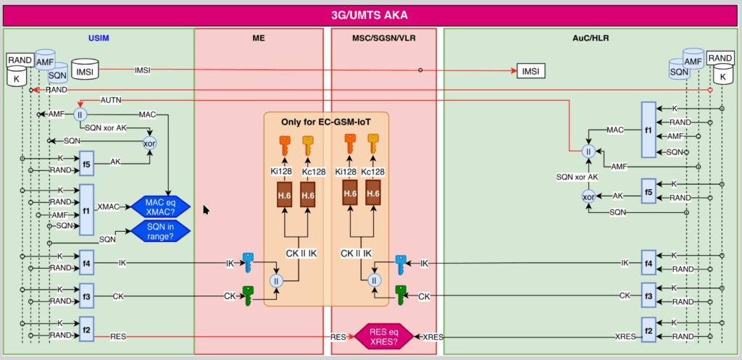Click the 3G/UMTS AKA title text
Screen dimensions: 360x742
[x=370, y=14]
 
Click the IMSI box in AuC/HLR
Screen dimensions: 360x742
[x=530, y=71]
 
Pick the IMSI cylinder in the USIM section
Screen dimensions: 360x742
[x=85, y=71]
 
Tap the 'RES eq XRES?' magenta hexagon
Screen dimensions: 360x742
[x=384, y=337]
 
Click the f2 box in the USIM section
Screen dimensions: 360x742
[x=87, y=329]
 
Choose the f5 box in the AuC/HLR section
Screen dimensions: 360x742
[x=648, y=191]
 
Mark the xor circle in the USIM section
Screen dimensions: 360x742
[x=150, y=143]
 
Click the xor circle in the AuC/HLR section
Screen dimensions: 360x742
[x=588, y=196]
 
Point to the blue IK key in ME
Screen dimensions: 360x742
[x=249, y=261]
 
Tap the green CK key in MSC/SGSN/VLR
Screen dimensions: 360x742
[x=400, y=295]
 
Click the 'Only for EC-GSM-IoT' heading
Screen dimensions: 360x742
[x=326, y=122]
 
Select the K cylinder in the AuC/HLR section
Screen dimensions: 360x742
[x=722, y=75]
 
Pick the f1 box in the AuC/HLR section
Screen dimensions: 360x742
[x=648, y=129]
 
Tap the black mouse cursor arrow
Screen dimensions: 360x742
[x=206, y=210]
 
